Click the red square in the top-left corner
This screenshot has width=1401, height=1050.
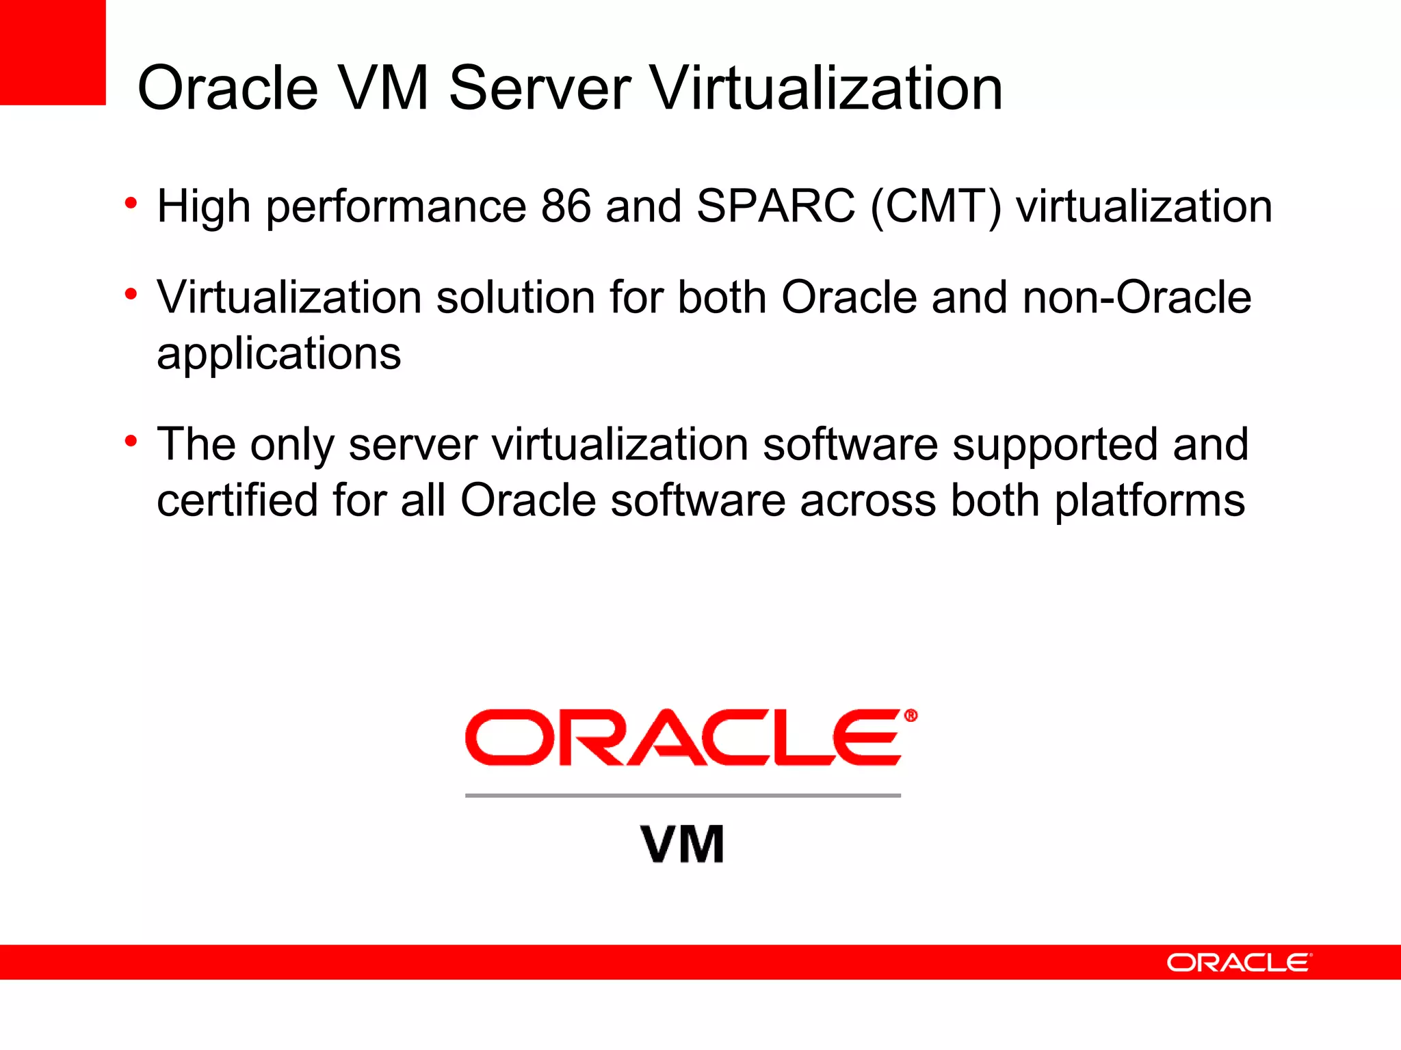click(x=53, y=52)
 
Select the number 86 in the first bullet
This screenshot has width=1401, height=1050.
click(x=566, y=206)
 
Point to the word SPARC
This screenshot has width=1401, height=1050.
click(x=776, y=206)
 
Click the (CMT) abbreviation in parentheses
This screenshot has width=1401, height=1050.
click(x=935, y=207)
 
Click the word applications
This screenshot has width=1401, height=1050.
click(x=278, y=355)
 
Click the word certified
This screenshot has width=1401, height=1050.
click(x=237, y=500)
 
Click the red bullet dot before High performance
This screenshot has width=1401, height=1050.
click(x=131, y=202)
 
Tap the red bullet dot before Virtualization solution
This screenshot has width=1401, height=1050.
click(x=131, y=295)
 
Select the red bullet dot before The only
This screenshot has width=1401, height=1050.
click(x=131, y=441)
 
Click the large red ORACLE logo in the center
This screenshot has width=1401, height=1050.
click(x=683, y=738)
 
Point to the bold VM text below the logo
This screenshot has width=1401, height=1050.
click(x=683, y=844)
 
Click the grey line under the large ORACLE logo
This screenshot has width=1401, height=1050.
click(x=683, y=796)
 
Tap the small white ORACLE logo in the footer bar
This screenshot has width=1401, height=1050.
click(x=1239, y=962)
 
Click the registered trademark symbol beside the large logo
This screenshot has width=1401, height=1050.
click(x=911, y=716)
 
